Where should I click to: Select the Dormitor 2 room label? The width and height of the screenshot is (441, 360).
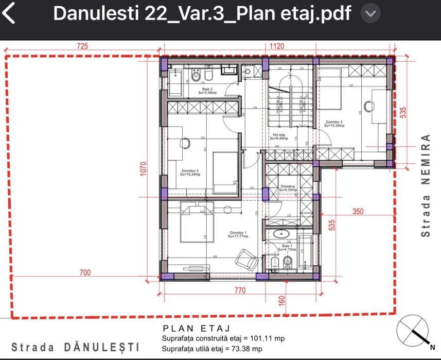(x=190, y=172)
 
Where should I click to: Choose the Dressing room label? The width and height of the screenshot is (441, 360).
(x=287, y=187)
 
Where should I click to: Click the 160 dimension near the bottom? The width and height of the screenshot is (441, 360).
(x=282, y=300)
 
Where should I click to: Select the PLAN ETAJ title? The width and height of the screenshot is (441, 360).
(x=196, y=329)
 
